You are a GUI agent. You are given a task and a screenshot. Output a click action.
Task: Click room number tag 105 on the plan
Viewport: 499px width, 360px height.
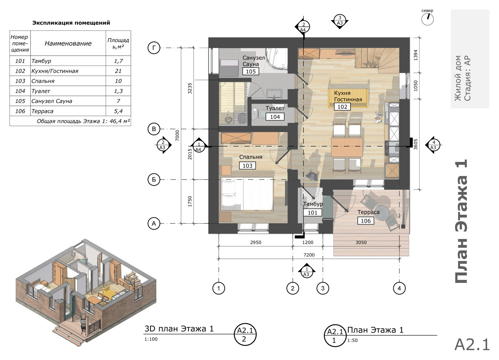[x=251, y=71]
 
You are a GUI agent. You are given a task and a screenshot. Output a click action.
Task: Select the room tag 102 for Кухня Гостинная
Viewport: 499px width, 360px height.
[x=342, y=107]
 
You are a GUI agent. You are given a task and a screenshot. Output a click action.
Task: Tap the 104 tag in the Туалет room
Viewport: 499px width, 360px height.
[x=275, y=117]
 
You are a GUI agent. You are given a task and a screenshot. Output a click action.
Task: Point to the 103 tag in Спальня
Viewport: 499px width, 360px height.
[x=247, y=166]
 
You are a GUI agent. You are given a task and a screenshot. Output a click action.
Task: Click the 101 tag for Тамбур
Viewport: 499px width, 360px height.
[x=312, y=212]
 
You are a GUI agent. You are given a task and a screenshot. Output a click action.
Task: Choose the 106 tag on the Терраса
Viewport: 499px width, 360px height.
[x=366, y=221]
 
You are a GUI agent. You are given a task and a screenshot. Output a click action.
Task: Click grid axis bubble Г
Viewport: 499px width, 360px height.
[x=154, y=48]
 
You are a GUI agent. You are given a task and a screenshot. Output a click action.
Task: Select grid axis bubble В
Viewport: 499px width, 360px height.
[x=154, y=129]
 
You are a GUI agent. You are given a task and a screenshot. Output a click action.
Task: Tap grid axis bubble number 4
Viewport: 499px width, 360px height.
[x=399, y=289]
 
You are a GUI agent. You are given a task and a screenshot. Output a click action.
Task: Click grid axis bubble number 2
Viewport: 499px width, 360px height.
[x=293, y=289]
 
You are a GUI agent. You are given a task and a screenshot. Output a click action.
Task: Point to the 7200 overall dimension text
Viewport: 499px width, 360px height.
[x=309, y=255]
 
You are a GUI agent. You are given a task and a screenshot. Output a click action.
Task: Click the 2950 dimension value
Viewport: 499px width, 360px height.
[x=255, y=242]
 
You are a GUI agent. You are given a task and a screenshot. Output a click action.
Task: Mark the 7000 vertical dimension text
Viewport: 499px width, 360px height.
[x=177, y=135]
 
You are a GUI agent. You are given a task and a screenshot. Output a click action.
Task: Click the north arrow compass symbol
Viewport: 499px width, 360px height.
[x=428, y=19]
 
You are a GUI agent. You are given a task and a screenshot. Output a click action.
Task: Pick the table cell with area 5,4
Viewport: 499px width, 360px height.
[x=118, y=111]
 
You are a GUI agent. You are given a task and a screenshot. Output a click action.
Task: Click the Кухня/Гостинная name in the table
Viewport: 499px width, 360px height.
[x=55, y=71]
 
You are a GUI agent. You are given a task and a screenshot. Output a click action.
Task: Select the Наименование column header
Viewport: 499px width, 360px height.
[x=68, y=43]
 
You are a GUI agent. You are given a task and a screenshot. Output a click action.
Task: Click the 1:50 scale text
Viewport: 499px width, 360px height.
[x=352, y=340]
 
